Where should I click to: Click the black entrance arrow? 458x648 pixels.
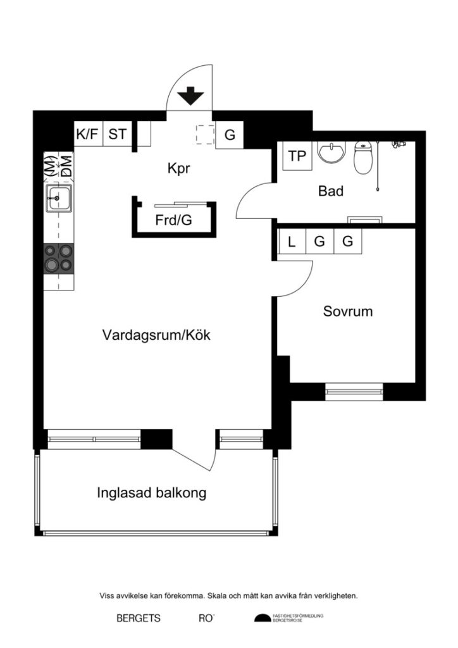click(x=190, y=97)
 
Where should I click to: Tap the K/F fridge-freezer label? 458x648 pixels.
click(x=87, y=134)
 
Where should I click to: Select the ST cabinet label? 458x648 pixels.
click(x=117, y=134)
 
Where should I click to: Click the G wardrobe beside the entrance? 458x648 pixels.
click(x=230, y=135)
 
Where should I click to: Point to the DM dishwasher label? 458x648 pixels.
click(x=66, y=166)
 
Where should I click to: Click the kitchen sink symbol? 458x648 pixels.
click(x=58, y=198)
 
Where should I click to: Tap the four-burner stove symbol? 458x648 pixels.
click(x=58, y=258)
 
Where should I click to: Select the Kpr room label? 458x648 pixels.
click(x=179, y=169)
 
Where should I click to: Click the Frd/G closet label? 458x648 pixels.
click(x=173, y=221)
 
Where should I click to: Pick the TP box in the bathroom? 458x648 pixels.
click(x=297, y=156)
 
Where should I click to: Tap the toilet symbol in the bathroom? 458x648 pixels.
click(x=364, y=158)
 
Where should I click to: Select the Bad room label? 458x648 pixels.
click(x=330, y=190)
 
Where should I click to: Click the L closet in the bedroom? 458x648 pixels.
click(x=292, y=242)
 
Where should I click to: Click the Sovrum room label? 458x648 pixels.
click(x=347, y=311)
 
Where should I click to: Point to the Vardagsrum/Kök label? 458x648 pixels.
click(x=156, y=335)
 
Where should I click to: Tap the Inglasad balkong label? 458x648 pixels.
click(x=152, y=493)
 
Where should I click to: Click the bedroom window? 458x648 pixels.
click(x=354, y=391)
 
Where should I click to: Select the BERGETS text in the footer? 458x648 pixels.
click(x=139, y=618)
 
